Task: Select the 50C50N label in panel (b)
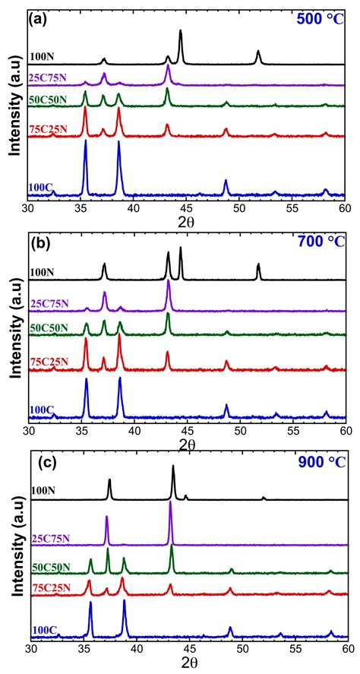pos(51,328)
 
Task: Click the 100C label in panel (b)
pos(42,410)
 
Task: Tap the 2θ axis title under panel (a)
pos(187,223)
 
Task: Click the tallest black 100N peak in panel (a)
pos(181,32)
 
